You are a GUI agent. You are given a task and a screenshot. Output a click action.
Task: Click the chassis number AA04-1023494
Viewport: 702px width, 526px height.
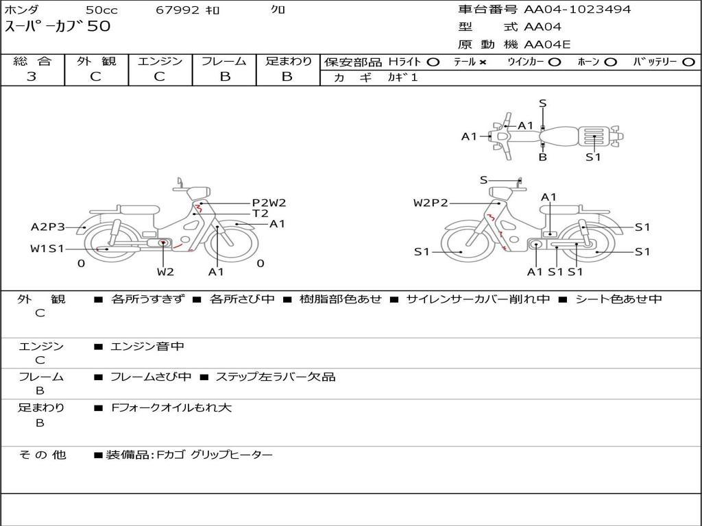pos(577,9)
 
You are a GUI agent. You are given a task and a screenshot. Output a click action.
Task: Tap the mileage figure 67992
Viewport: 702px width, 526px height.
pos(178,10)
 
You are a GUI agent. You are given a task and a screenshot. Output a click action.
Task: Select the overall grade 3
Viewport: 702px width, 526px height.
pos(32,76)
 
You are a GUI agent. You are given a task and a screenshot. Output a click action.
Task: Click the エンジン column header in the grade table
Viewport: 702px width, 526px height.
pos(160,61)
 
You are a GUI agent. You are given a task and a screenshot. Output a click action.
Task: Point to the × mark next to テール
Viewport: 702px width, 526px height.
pos(482,62)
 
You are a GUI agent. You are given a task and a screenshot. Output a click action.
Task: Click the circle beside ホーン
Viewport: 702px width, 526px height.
pos(610,62)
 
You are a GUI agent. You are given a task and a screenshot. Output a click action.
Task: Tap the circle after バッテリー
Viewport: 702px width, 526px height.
pos(688,62)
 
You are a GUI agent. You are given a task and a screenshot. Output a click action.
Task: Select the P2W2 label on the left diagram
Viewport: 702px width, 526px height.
pos(269,203)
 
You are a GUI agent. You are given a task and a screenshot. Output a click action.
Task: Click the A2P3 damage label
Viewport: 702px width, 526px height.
pos(47,227)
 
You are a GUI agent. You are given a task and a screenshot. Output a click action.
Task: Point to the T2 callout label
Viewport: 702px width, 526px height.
pos(260,214)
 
